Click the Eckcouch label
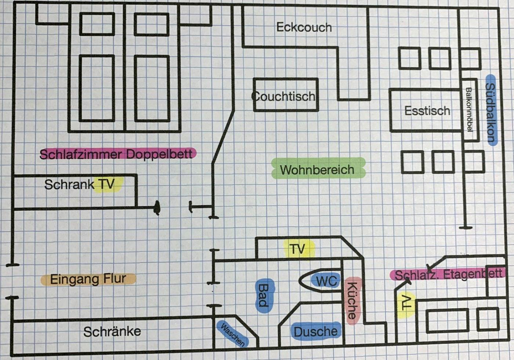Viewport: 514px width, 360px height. pos(304,27)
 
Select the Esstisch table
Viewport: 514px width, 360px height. pos(427,110)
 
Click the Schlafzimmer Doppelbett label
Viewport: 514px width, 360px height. pos(117,154)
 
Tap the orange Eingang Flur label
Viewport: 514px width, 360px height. pos(88,279)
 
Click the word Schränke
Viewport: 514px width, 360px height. pos(112,332)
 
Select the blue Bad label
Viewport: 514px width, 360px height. pos(263,295)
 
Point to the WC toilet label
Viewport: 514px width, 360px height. pos(326,281)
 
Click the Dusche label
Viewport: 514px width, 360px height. pos(315,332)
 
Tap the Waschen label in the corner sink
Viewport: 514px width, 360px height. pos(233,334)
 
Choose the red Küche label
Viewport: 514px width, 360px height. pos(352,301)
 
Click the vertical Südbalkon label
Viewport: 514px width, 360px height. pos(491,112)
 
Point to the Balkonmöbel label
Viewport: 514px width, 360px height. pos(469,109)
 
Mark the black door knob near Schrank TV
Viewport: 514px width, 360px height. pos(157,208)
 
